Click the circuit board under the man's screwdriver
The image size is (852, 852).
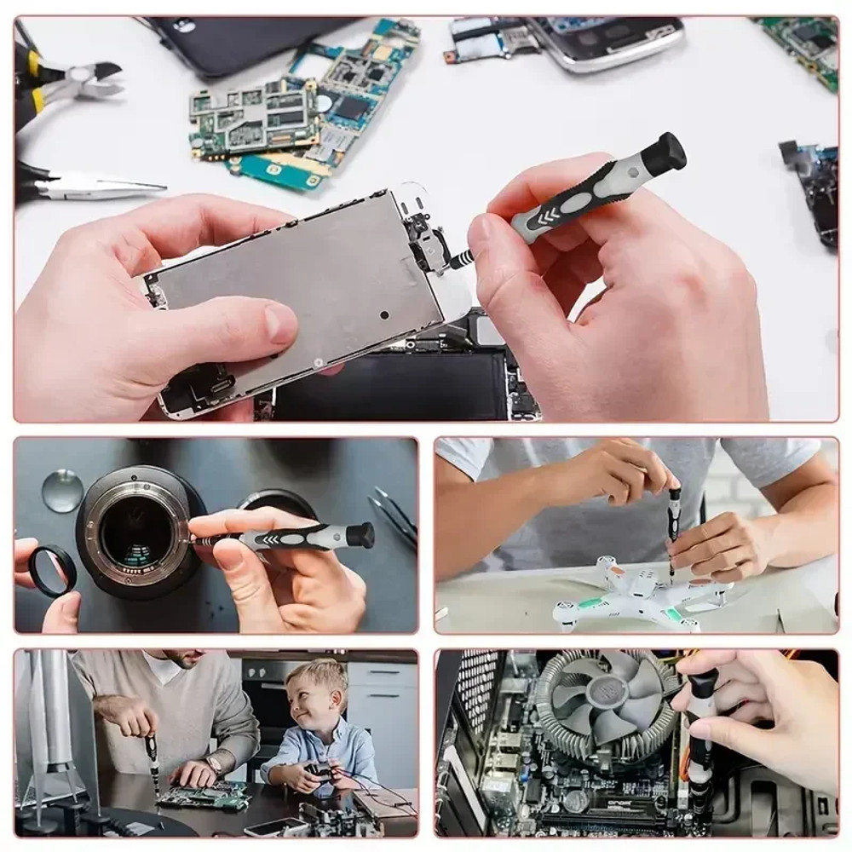(x=204, y=797)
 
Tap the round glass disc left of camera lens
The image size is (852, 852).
(x=63, y=491)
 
